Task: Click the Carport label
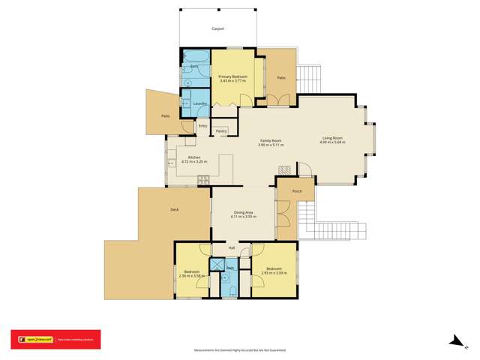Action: (217, 28)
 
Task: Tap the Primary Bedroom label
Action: (232, 76)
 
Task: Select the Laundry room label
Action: (199, 103)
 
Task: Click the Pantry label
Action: (221, 131)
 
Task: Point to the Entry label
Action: (202, 126)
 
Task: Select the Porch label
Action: (297, 191)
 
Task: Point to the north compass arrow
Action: (454, 341)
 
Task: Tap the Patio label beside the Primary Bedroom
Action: (280, 77)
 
